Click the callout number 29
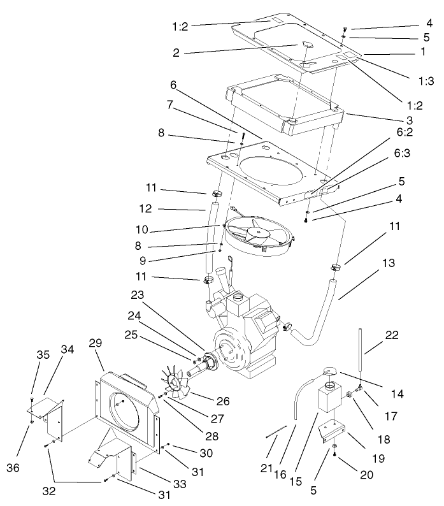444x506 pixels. tap(96, 343)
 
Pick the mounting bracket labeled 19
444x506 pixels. tap(334, 434)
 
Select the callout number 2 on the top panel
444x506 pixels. tap(175, 53)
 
